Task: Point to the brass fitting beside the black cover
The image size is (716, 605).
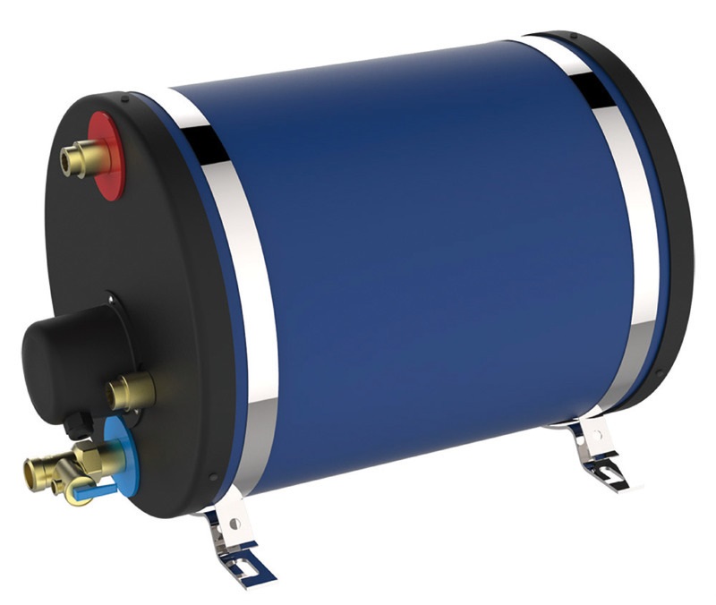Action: tap(130, 391)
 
